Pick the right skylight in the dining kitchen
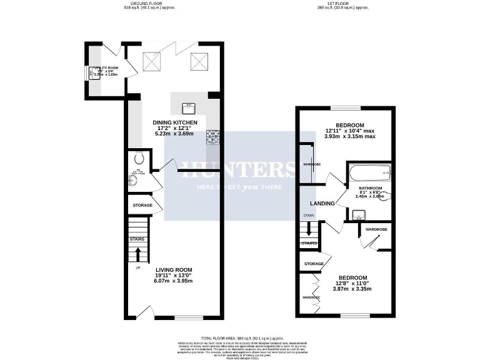coord(199,61)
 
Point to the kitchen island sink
coord(187,107)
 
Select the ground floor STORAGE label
coord(142,205)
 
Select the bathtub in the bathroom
coord(369,172)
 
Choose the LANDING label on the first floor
coord(322,202)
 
